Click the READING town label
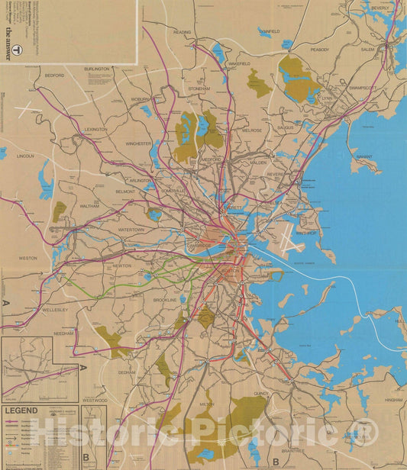(183, 33)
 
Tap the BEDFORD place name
(55, 76)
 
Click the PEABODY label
(320, 50)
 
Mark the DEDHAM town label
(126, 372)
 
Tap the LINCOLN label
(26, 156)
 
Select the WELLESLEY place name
(56, 311)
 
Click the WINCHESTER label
(139, 143)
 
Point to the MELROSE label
(252, 130)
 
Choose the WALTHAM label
(90, 205)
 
